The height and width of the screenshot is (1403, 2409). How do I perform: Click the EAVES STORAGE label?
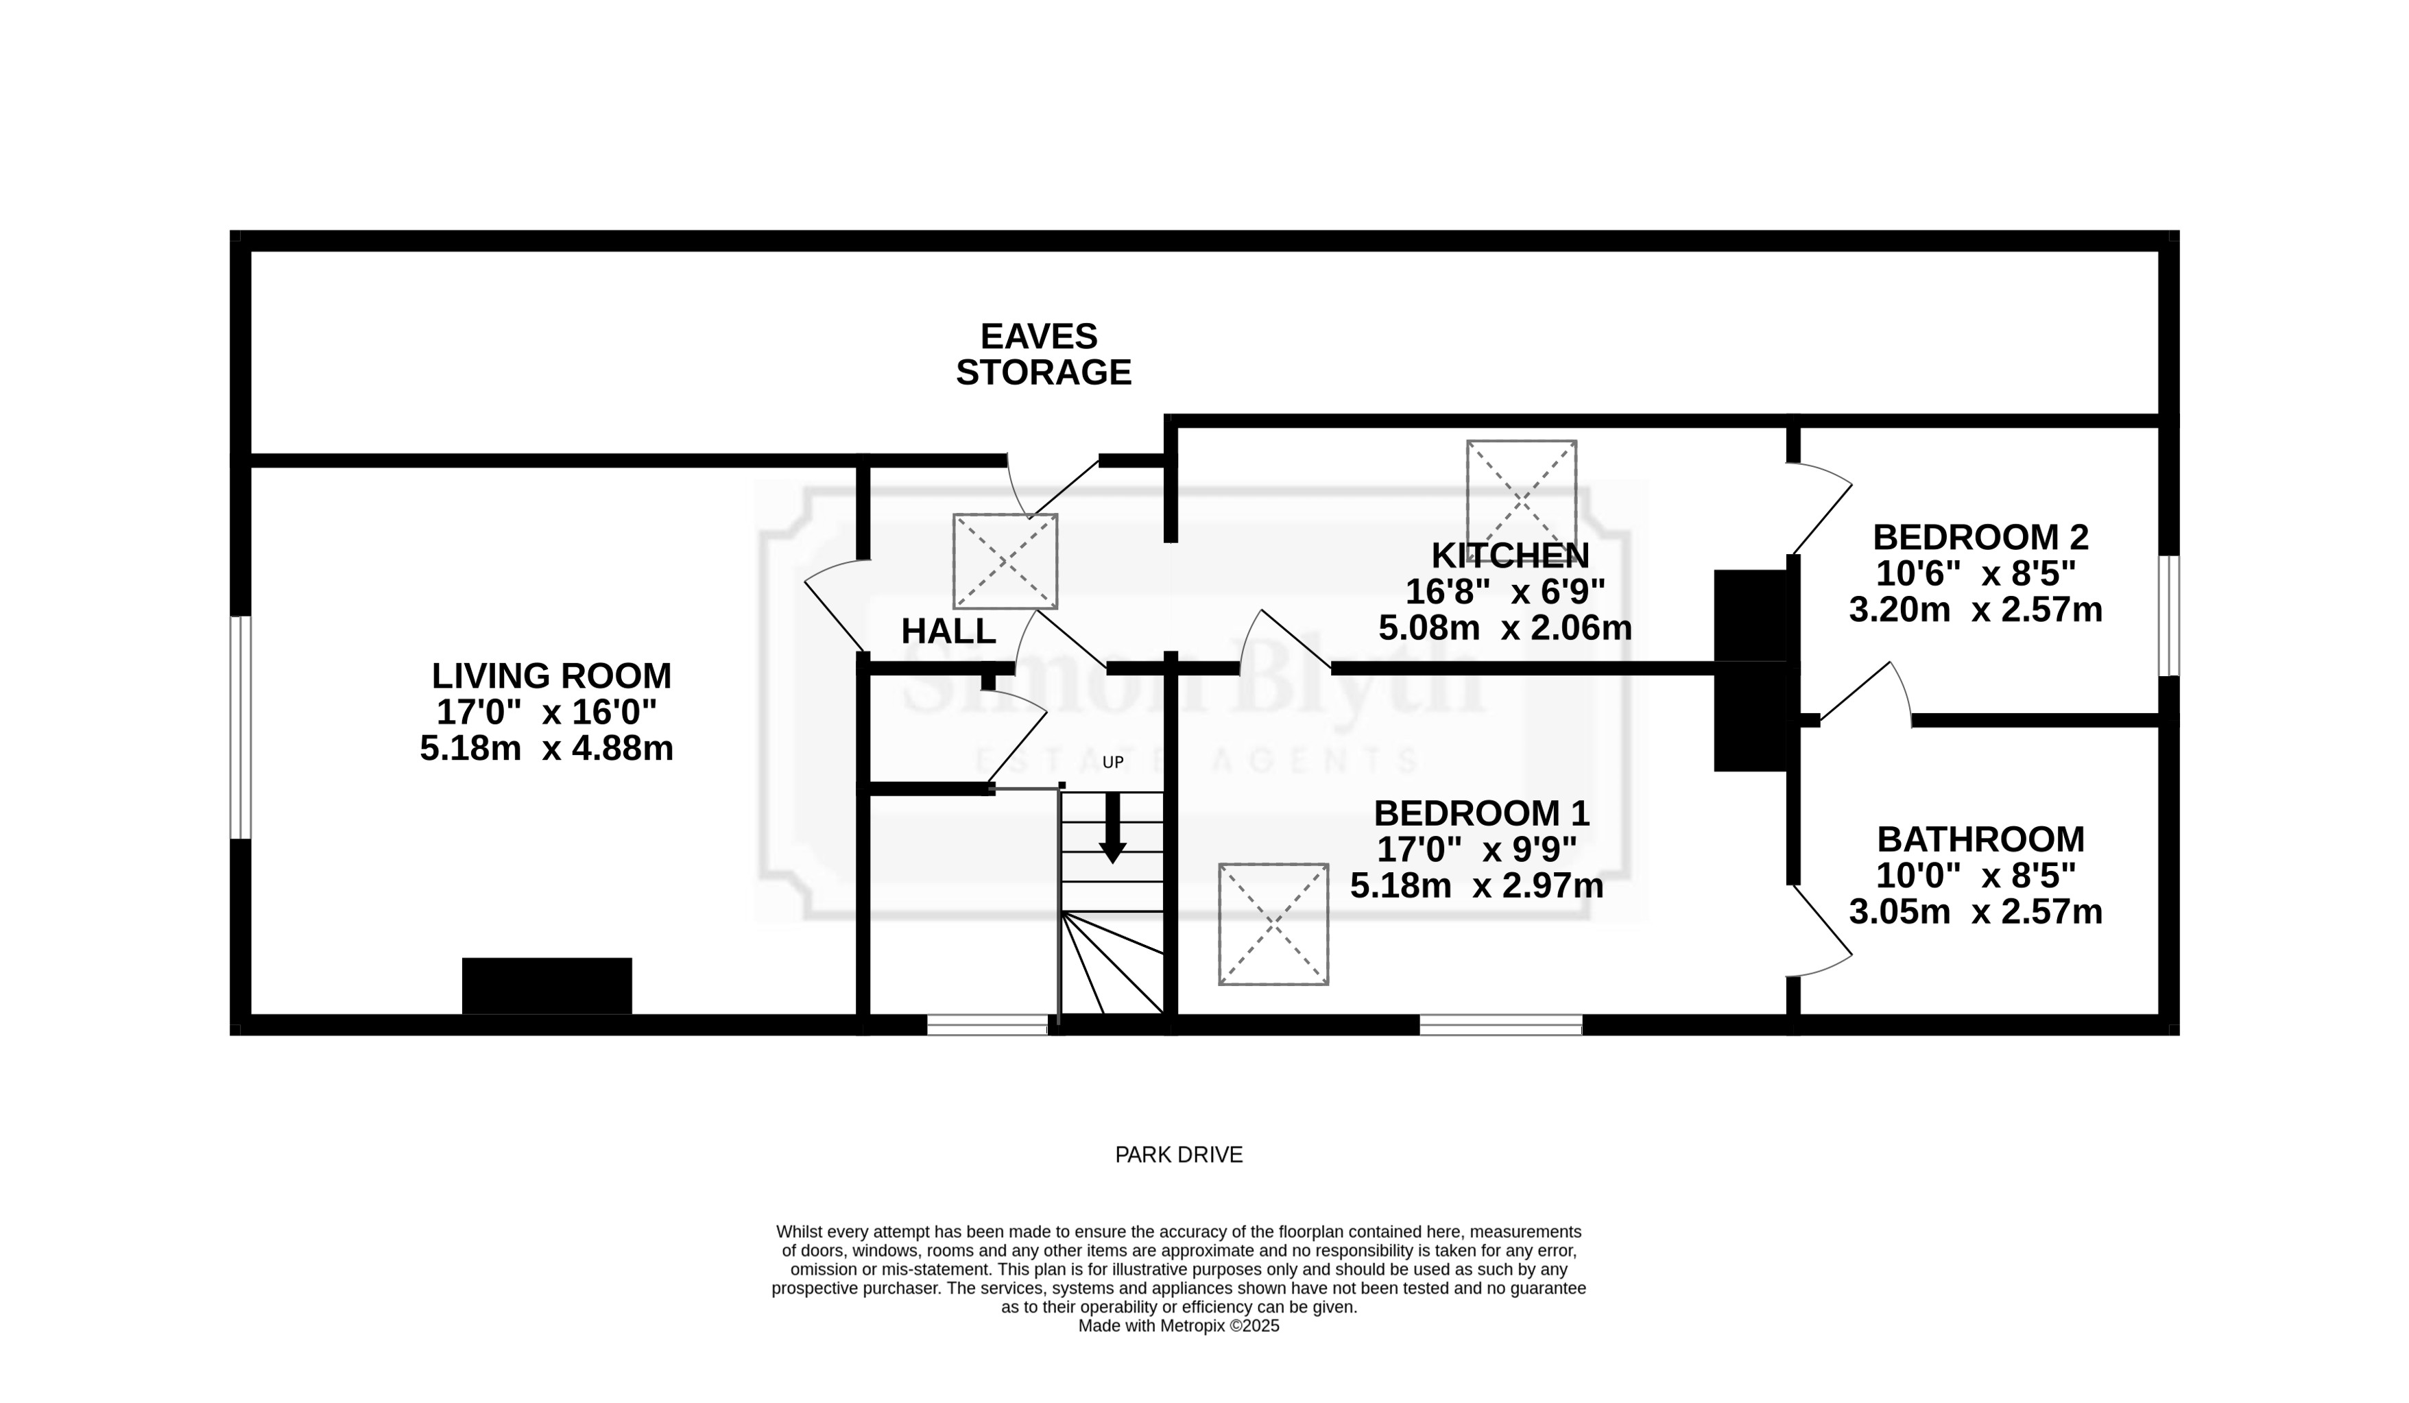1043,354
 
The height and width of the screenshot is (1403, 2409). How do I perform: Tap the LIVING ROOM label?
551,675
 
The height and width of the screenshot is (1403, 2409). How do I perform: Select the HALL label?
948,632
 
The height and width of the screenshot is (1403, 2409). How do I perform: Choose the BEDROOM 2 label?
1980,537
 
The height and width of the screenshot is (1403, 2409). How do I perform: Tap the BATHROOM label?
1980,839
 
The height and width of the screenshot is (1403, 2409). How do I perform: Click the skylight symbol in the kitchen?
1521,495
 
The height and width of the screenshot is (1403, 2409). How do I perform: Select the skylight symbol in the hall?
1005,561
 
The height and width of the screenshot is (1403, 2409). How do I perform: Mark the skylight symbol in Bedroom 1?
1273,924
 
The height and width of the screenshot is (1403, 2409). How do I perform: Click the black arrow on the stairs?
1112,828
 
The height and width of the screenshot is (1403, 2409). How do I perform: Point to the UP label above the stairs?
1113,763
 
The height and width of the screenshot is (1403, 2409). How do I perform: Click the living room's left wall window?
241,728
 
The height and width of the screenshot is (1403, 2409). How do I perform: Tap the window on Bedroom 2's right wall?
2169,616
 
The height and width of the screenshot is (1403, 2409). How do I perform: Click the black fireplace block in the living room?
547,985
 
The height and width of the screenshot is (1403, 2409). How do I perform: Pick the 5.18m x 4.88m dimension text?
547,748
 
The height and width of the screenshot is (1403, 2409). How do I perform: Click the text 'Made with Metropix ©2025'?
1179,1327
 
